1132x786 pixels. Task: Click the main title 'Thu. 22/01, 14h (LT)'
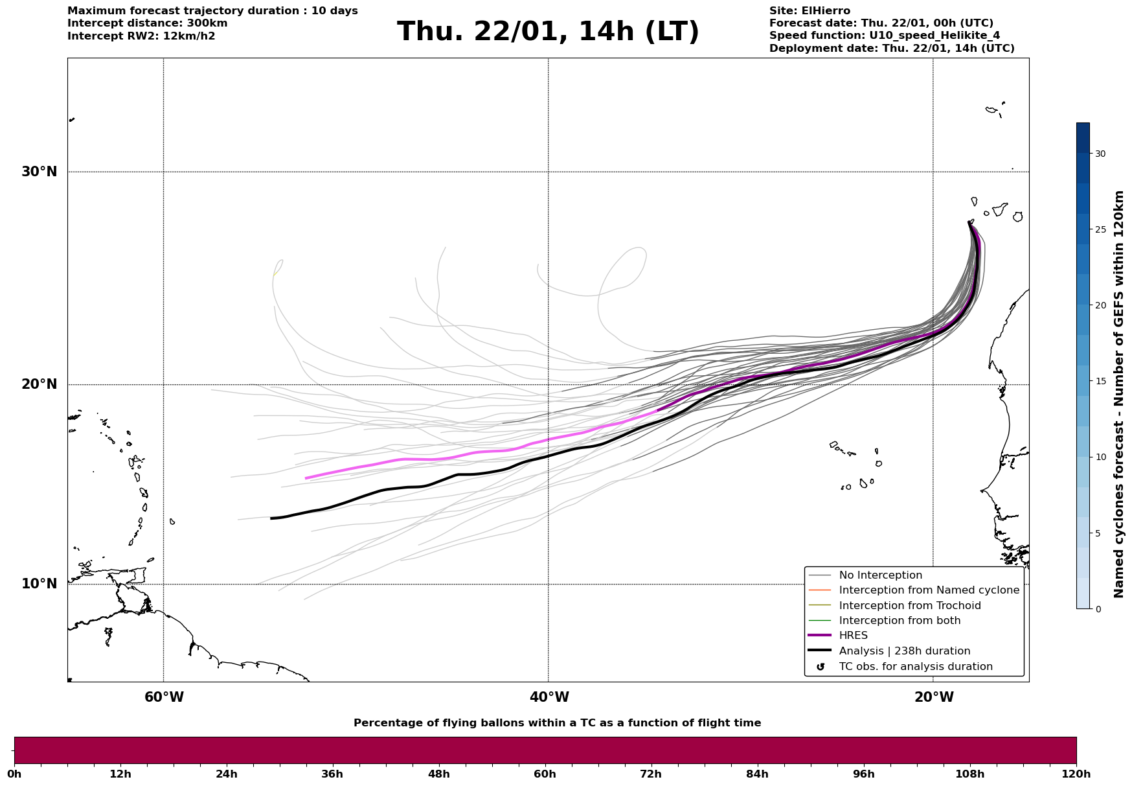(x=548, y=32)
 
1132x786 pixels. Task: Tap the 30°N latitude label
(x=39, y=172)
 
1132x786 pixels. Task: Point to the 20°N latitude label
(x=39, y=384)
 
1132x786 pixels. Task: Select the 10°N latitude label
(x=39, y=584)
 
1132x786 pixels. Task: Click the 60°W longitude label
(x=164, y=697)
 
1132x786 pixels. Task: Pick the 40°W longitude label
(x=549, y=697)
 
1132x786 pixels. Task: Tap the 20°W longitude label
(x=934, y=697)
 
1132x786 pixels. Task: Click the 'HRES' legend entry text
(x=853, y=636)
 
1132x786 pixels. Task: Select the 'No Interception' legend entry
(x=880, y=575)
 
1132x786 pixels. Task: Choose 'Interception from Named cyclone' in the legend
(x=929, y=590)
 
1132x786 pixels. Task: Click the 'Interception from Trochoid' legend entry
(x=909, y=606)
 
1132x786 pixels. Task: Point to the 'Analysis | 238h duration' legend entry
(x=904, y=651)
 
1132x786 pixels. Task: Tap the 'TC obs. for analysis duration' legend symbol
(x=821, y=667)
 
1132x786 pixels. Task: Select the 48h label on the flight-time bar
(x=438, y=774)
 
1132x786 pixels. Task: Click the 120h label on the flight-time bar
(x=1076, y=774)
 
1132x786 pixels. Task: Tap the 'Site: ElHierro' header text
(x=809, y=11)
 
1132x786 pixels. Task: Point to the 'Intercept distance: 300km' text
(x=147, y=23)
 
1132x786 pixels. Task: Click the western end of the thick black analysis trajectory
(x=272, y=518)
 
